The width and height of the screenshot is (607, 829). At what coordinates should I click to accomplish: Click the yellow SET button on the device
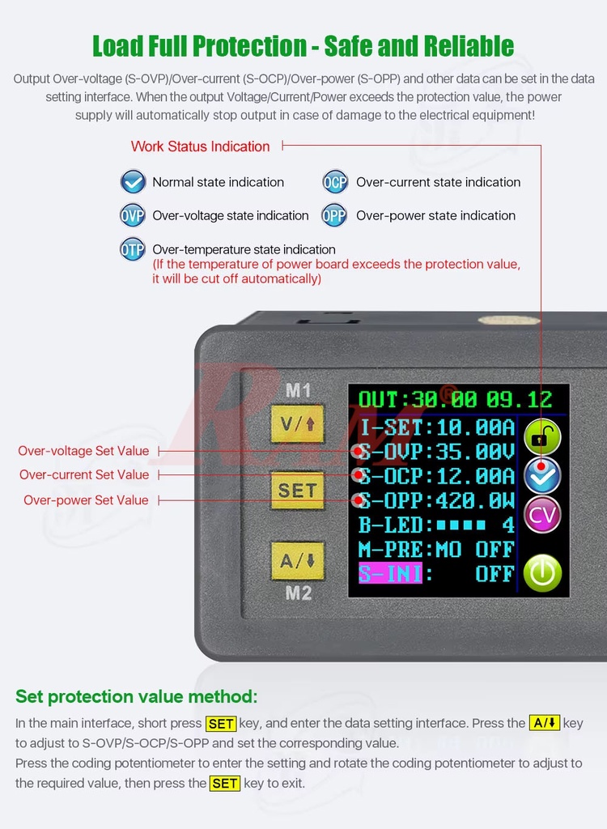click(297, 491)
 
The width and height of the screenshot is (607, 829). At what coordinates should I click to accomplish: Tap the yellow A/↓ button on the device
click(297, 559)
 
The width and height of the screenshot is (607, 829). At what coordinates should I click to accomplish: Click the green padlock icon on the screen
click(541, 437)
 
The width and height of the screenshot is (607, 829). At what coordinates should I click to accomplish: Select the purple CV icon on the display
click(541, 515)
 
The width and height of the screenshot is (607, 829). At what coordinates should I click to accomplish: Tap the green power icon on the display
click(541, 572)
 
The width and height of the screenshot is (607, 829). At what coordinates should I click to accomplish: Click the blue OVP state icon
click(133, 216)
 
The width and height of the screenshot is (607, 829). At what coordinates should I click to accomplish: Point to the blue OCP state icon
click(335, 182)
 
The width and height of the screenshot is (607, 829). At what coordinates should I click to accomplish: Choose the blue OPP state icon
click(334, 216)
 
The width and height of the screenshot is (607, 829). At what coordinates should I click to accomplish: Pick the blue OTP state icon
click(133, 249)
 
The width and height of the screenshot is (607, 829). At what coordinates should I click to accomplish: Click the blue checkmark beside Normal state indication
click(133, 182)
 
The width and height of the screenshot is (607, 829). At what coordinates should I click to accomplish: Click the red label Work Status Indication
click(200, 147)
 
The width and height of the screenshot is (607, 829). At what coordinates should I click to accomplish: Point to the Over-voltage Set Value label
click(83, 451)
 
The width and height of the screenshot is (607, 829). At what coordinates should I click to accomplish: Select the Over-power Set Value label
click(86, 500)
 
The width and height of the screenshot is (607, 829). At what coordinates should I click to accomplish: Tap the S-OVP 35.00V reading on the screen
click(436, 452)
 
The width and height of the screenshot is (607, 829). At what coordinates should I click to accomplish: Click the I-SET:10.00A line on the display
click(436, 427)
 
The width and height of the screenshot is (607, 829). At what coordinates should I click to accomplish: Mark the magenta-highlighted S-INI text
click(391, 574)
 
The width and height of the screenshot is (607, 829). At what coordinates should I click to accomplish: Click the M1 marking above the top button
click(298, 390)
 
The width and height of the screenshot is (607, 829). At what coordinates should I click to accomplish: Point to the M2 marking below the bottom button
click(298, 593)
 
